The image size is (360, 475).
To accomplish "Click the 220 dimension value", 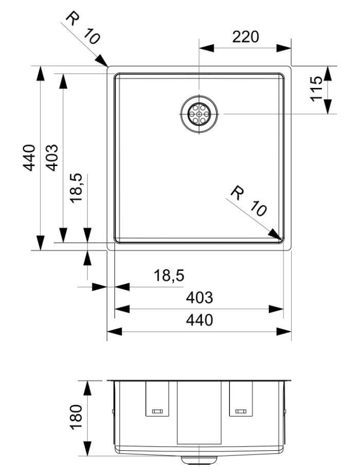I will coord(245,37).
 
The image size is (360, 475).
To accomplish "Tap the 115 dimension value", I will coord(317,88).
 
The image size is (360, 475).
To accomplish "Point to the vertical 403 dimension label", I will coord(51,158).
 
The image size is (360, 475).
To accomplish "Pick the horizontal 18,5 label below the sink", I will coord(169,276).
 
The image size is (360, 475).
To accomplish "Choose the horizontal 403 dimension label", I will coord(199,297).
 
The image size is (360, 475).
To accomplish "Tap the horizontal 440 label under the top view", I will coord(199,320).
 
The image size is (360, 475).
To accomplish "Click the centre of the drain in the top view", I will coord(199,114).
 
